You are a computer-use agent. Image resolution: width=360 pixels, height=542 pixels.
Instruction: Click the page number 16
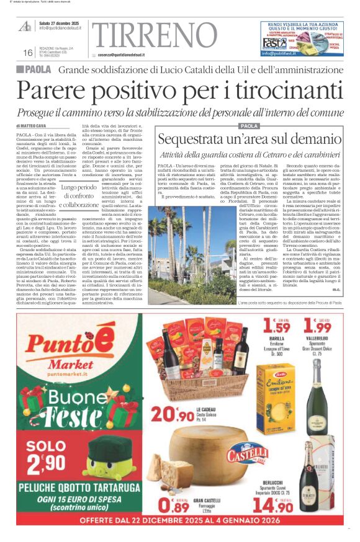(x=28, y=53)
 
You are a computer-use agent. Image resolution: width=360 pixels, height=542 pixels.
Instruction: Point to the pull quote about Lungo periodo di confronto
(x=80, y=196)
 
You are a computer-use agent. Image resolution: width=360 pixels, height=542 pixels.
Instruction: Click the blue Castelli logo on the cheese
(x=248, y=457)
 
